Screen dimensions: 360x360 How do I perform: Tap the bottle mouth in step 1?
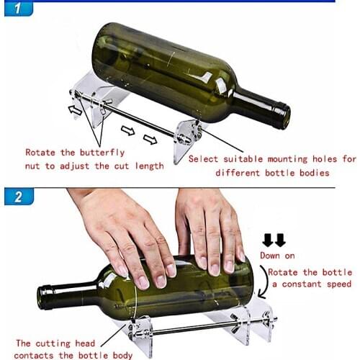[284, 115]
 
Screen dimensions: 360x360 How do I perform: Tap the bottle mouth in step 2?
[45, 295]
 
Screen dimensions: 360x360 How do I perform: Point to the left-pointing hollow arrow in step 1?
[75, 109]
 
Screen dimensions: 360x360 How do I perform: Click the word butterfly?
[102, 153]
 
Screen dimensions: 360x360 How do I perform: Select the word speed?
[340, 284]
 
